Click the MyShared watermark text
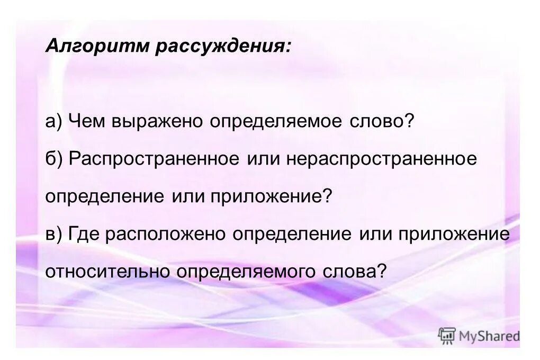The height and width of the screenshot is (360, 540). click(x=489, y=336)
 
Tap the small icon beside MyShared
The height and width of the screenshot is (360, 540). click(x=446, y=336)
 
